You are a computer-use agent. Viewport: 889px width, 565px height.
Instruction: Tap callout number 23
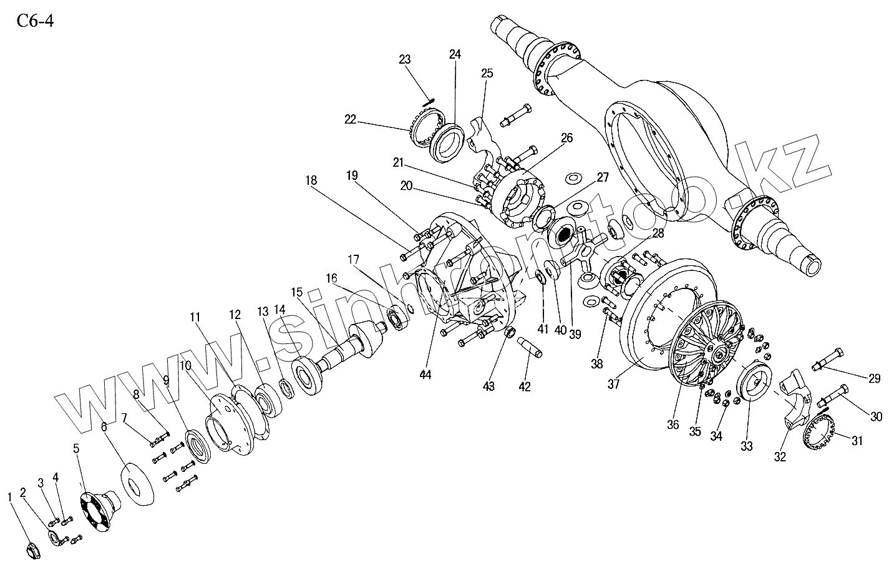(405, 60)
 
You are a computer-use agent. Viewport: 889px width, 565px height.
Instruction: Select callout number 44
(426, 375)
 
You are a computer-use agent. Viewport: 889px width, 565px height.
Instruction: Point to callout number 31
(857, 441)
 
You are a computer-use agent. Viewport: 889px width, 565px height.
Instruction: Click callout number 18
(311, 180)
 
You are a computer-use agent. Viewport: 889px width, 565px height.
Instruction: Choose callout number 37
(613, 385)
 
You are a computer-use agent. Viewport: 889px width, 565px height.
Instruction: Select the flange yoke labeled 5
(97, 506)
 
